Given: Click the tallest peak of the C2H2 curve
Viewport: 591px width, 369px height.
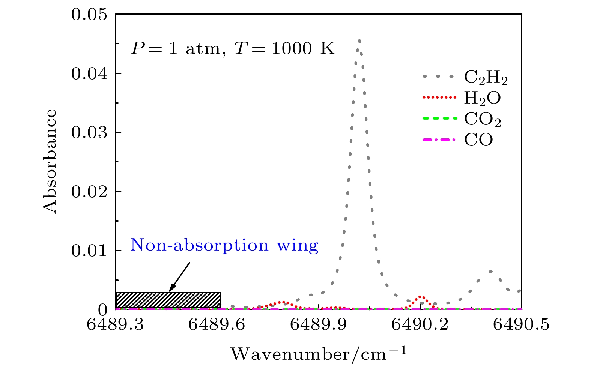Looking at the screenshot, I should pos(359,40).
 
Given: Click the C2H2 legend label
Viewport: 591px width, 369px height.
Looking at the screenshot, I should pos(486,78).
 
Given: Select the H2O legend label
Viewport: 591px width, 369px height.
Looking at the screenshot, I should pos(482,98).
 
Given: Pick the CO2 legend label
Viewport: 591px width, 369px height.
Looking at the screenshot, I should pos(483,120).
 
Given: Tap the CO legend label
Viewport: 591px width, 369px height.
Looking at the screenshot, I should pos(478,140).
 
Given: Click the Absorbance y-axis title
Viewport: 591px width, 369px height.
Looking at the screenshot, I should pos(50,162).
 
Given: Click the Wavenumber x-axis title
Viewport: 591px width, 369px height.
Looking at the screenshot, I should pos(318,354).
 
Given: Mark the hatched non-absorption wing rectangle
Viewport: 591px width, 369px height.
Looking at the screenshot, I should pos(168,300).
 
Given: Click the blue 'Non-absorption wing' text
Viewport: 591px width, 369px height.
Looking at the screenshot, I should pos(224,246).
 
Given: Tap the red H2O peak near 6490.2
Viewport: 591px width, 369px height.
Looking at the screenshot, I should pos(421,297).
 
